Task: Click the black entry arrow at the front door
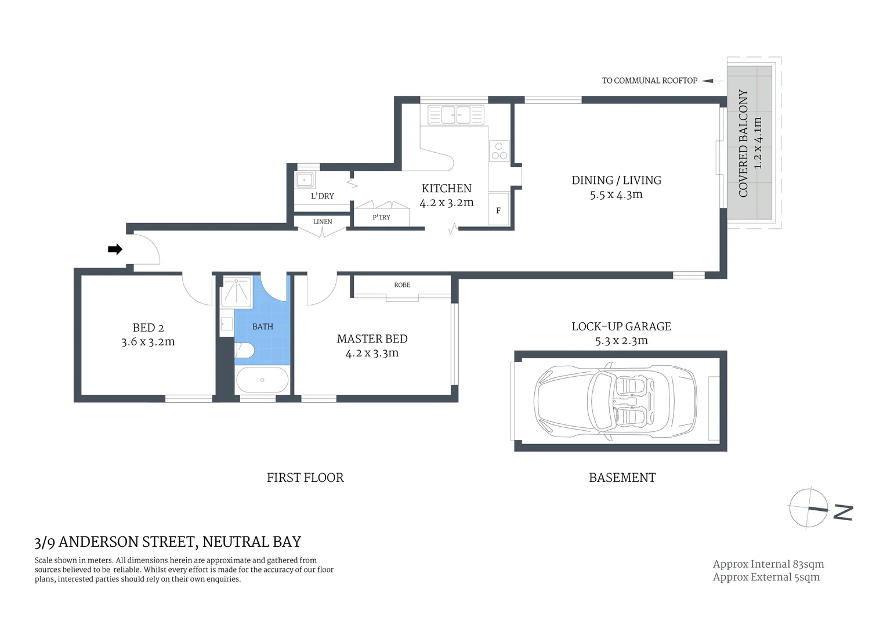point(115,249)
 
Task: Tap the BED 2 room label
point(148,328)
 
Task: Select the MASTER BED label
point(372,339)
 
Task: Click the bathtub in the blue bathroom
point(262,380)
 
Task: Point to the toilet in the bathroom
point(244,350)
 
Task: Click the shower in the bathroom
point(236,292)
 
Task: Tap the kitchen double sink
point(456,114)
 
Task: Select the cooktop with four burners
point(498,150)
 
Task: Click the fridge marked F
point(498,210)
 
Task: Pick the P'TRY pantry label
point(381,217)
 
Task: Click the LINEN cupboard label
point(323,222)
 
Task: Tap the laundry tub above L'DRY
point(305,179)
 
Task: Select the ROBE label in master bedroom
point(402,285)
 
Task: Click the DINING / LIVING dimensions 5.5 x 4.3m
point(616,195)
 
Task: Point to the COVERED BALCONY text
point(743,143)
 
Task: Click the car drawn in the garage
point(616,401)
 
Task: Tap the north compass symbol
point(809,509)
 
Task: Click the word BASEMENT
point(622,478)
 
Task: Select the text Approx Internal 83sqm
point(768,564)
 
